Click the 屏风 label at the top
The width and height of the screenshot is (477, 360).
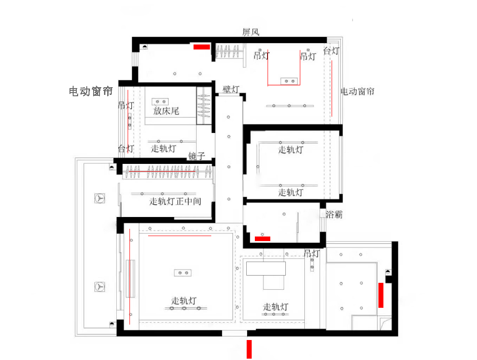(x=251, y=32)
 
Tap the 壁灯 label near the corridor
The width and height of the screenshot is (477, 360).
(x=231, y=90)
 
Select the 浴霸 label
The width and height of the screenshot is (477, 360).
(x=334, y=215)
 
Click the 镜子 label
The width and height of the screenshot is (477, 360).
(x=197, y=157)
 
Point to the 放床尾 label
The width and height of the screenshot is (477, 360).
(x=166, y=111)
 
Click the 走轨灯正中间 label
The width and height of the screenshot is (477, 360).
(x=175, y=201)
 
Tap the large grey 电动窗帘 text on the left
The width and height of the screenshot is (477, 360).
(x=91, y=92)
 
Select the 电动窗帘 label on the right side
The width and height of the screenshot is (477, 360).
(x=358, y=91)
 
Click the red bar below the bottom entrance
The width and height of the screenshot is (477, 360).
(x=249, y=349)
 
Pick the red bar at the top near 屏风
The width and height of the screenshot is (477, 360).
(x=202, y=47)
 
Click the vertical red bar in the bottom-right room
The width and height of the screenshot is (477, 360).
(x=381, y=295)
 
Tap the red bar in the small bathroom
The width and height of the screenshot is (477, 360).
(x=263, y=239)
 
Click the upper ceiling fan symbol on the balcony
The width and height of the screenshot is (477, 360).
(x=99, y=198)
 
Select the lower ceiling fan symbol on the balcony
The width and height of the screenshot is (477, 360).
(x=99, y=287)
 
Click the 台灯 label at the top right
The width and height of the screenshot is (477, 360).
(x=331, y=51)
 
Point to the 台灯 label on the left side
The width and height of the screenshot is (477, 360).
(x=126, y=148)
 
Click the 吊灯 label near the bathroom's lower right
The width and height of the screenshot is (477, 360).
(x=312, y=253)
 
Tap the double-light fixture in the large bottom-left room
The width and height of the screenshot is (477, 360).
(x=183, y=273)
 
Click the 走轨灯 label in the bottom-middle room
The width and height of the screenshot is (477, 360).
(x=275, y=307)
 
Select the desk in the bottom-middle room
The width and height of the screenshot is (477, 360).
(x=266, y=268)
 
